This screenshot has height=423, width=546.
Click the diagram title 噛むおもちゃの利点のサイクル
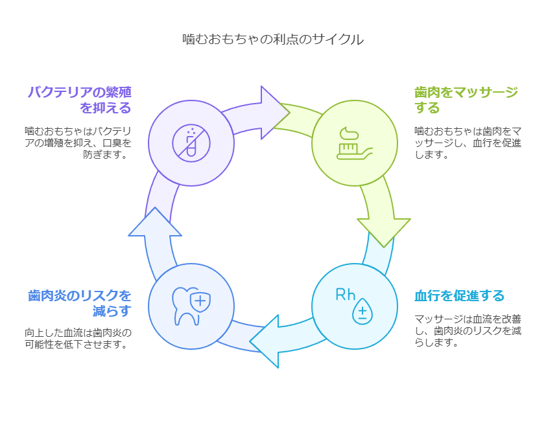tap(273, 39)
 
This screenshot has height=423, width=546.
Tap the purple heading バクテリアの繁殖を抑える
tap(80, 100)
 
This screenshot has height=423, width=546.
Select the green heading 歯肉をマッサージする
tap(466, 100)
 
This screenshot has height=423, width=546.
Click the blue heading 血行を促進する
tap(459, 295)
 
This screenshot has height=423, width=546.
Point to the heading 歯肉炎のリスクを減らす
tap(80, 303)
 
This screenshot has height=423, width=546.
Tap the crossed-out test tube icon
tap(191, 143)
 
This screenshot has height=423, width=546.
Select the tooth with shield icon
tap(191, 306)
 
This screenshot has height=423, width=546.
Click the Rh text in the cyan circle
tap(345, 295)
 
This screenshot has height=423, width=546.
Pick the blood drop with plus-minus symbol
tap(362, 311)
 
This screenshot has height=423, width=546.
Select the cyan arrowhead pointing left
tap(265, 341)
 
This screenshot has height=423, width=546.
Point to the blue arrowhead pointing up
tap(155, 222)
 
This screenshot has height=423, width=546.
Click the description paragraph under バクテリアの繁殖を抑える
tap(78, 143)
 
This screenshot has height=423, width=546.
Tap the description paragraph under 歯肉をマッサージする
tap(468, 143)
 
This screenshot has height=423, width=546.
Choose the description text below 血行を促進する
tap(468, 330)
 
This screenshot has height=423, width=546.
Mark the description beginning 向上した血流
tap(78, 338)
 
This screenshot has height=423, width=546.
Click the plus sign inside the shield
tap(200, 301)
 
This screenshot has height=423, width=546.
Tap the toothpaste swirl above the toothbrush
tap(350, 134)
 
